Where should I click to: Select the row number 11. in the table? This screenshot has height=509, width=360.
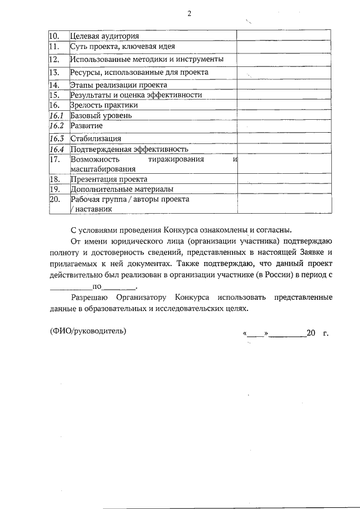pos(55,46)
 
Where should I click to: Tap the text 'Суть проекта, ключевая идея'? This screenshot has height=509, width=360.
pos(122,46)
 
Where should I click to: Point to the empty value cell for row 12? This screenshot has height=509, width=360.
pos(283,59)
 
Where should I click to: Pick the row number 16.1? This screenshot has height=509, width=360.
pos(56,115)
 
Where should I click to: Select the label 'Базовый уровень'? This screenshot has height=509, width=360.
pos(101,115)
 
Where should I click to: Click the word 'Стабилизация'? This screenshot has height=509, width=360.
pos(96,138)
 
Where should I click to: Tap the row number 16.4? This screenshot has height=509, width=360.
pos(56,149)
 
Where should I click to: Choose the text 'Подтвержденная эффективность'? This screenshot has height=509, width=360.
pos(129,149)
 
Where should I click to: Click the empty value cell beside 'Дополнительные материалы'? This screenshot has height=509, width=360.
pos(283,189)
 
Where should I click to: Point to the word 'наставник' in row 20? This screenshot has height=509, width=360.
pos(92,209)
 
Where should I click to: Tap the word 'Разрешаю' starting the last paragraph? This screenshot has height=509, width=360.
pos(90,296)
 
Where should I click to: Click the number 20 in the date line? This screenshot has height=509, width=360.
pos(311,332)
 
